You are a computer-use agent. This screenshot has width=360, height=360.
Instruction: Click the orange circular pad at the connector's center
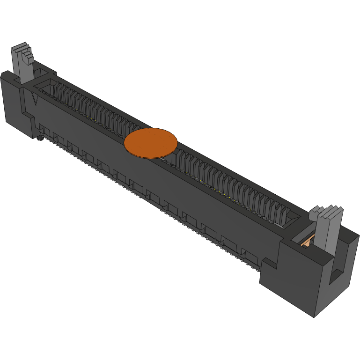(151, 143)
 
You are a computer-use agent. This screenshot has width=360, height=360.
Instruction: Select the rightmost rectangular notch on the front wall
(251, 257)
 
